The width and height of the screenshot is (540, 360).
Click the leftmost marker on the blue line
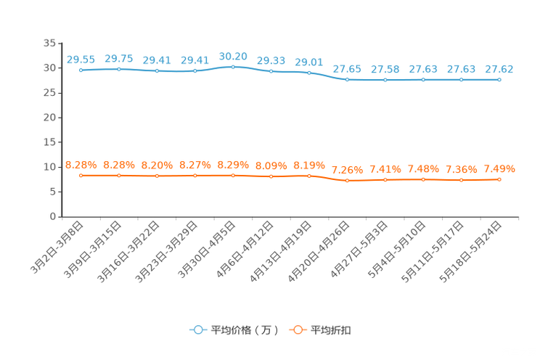pos(81,70)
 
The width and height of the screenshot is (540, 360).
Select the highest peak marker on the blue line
pos(233,67)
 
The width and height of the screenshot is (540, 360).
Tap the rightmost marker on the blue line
pos(499,79)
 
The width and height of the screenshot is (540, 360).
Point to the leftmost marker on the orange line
pos(81,175)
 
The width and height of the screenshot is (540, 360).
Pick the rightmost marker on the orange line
pos(499,179)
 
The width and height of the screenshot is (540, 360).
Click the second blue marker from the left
pos(118,68)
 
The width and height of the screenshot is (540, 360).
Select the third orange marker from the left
pos(157,176)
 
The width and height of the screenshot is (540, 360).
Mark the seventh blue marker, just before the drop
pos(309,73)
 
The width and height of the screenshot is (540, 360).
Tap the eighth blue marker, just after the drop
pos(348,79)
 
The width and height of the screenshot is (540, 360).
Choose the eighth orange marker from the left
pos(348,180)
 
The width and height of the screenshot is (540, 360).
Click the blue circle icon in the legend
pos(197,330)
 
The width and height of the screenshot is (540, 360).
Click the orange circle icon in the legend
pos(297,330)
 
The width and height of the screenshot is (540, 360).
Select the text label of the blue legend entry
pos(244,330)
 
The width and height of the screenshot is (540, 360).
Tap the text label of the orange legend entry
pos(332,330)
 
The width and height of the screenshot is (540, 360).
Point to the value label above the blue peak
pos(233,56)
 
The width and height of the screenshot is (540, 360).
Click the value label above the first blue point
pos(81,60)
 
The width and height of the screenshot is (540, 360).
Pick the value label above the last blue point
pos(499,69)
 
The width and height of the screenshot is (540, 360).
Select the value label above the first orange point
pos(81,165)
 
